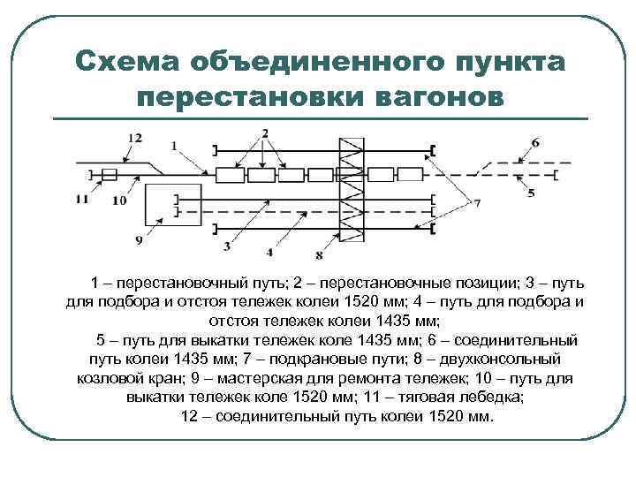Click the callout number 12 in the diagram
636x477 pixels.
coord(134,138)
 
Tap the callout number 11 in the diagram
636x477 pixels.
coord(82,200)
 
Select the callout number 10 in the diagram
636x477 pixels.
coord(119,201)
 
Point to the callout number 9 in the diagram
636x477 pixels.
coord(139,239)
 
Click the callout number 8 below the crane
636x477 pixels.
coord(319,255)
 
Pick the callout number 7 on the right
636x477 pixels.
coord(477,203)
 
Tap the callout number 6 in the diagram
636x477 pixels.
coord(535,142)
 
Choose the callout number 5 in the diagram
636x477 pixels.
coord(531,193)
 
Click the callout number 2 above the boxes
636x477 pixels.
coord(264,133)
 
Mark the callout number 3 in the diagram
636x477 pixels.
coord(227,245)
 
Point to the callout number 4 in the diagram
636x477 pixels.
coord(269,239)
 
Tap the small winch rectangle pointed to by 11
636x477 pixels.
coord(109,175)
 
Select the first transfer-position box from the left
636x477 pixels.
coord(230,175)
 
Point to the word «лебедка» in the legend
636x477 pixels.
coord(489,397)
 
